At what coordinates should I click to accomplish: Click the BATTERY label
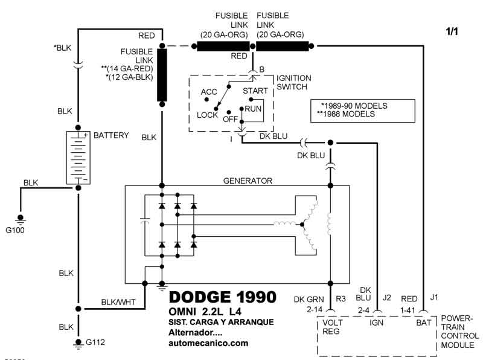pos(111,135)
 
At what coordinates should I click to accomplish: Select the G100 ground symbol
pos(21,219)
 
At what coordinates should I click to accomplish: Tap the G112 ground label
pos(95,342)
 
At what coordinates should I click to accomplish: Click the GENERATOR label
pos(248,181)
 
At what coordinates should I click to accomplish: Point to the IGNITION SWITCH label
pos(293,82)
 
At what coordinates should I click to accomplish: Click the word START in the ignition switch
pos(255,91)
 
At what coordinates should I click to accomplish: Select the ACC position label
pos(209,92)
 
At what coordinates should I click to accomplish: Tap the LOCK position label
pos(207,115)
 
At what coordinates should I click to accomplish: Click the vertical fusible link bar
pos(162,75)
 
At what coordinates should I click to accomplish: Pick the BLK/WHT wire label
pos(118,302)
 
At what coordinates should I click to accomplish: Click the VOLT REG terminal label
pos(332,327)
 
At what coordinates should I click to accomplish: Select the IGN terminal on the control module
pos(376,323)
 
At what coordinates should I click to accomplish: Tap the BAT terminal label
pos(424,323)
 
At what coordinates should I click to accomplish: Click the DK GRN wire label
pos(309,299)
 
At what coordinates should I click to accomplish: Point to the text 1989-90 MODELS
pos(354,106)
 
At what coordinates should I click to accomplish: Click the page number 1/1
pos(452,31)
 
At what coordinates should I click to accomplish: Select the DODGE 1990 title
pos(222,297)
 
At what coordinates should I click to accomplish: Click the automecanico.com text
pos(208,343)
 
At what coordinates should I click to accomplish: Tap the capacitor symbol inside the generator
pos(145,220)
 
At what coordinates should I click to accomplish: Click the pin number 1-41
pos(408,310)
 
